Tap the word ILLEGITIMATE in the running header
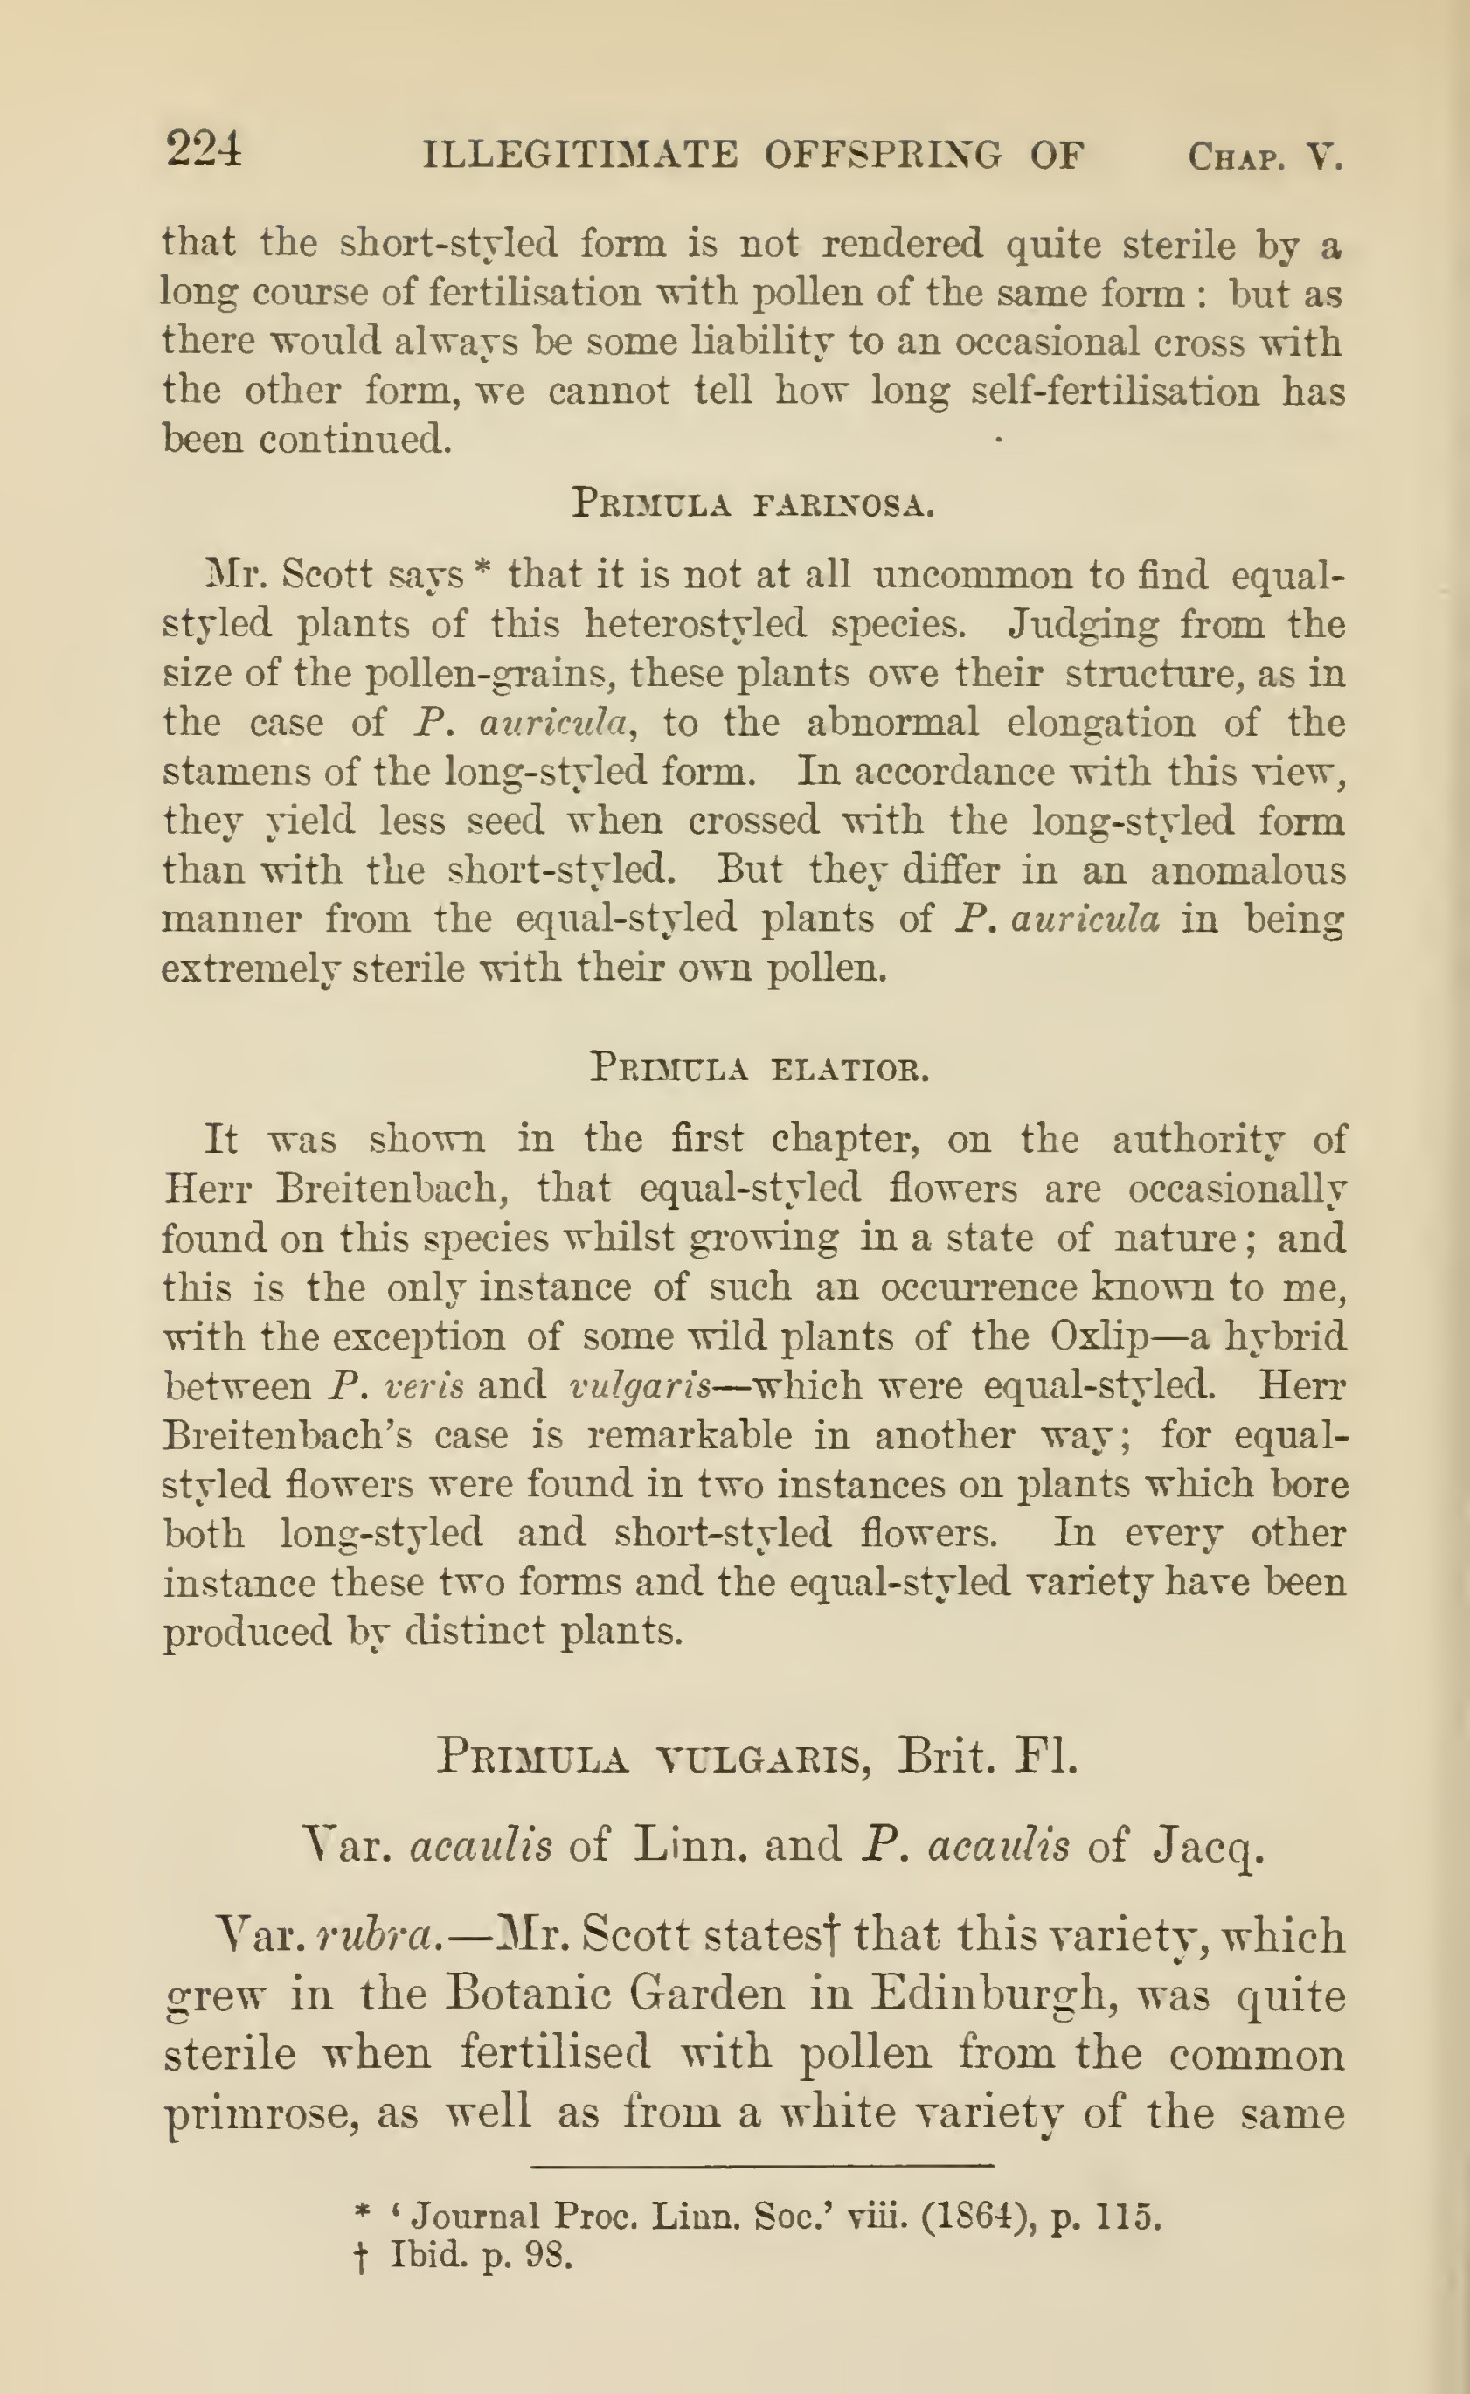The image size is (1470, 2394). [x=580, y=155]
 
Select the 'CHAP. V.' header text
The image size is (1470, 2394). [x=1265, y=156]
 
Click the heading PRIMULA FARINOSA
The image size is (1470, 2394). [x=752, y=504]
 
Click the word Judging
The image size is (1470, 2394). [x=1081, y=623]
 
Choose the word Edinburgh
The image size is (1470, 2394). [x=986, y=1995]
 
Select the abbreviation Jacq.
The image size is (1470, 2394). [x=1208, y=1844]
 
